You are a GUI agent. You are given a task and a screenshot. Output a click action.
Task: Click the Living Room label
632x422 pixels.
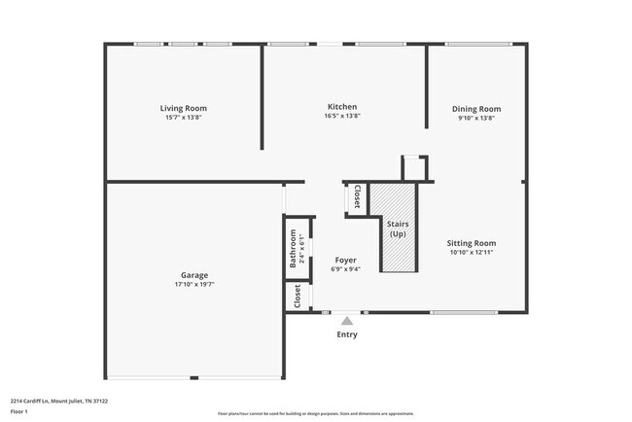pos(184,108)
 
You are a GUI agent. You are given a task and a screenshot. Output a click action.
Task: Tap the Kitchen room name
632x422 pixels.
pos(341,106)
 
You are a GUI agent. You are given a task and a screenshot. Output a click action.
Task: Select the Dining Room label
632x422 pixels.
pos(476,109)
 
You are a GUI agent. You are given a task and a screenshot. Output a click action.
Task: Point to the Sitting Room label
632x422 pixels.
pos(472,243)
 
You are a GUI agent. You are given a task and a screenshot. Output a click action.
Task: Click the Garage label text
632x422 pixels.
pos(193,275)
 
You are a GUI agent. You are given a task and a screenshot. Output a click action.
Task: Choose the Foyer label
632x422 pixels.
pos(345,260)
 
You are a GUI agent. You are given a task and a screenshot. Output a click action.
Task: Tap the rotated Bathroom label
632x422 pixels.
pos(292,249)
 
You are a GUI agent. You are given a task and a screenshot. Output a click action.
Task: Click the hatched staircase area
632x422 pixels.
pos(398,229)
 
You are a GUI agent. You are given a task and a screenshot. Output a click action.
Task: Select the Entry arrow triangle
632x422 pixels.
pos(347,318)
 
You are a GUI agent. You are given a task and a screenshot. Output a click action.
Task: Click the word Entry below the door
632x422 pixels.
pos(347,334)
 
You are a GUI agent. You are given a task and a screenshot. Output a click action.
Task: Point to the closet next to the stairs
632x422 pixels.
pos(357,196)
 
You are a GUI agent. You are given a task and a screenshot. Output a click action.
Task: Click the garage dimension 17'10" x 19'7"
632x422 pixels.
pos(193,285)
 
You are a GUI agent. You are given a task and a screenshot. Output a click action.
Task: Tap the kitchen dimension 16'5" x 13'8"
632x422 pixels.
pos(341,116)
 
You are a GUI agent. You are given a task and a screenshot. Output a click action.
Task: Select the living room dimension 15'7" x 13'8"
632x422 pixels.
pos(184,118)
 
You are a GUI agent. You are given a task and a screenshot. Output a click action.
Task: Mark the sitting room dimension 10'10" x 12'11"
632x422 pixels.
pos(472,253)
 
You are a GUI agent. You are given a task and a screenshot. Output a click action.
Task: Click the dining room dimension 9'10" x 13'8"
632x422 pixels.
pos(476,118)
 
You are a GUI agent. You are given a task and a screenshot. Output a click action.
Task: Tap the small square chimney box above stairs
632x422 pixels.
pos(414,167)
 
